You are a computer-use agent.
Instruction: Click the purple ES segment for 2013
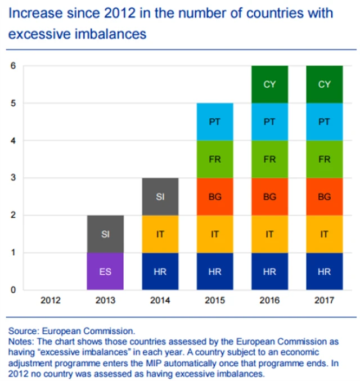105,271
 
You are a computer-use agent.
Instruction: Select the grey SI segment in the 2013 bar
105,234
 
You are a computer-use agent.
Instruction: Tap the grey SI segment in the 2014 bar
160,196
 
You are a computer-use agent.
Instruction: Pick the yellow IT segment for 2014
160,234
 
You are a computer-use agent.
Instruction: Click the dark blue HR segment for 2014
160,271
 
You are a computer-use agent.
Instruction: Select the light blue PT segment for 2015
214,122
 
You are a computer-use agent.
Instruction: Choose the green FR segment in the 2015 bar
214,159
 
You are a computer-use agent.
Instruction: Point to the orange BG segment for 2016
269,196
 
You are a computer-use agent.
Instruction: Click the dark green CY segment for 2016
269,84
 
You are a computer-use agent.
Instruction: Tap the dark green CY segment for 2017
324,84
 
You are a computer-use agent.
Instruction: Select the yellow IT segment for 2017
324,234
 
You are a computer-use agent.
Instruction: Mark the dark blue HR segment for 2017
324,271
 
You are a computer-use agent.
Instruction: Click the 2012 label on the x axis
50,301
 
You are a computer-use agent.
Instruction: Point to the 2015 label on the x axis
214,301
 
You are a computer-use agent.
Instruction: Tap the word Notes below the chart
20,342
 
